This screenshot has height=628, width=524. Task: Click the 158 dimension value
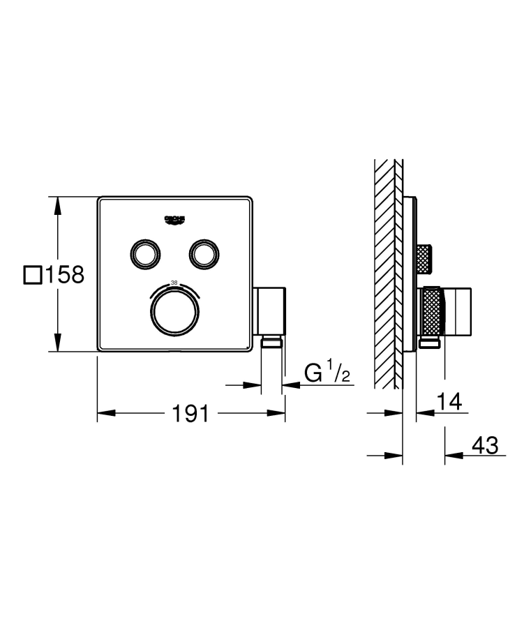point(64,275)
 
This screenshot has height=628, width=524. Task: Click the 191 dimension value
point(190,414)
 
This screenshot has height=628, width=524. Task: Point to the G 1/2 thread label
point(327,374)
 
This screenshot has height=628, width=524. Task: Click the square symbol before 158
point(32,275)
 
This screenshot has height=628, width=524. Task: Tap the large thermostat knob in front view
point(174,312)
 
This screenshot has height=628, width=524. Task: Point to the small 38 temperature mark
point(174,283)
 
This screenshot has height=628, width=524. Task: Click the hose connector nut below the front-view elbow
point(271,341)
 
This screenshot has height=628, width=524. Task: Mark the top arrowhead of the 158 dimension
point(58,203)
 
